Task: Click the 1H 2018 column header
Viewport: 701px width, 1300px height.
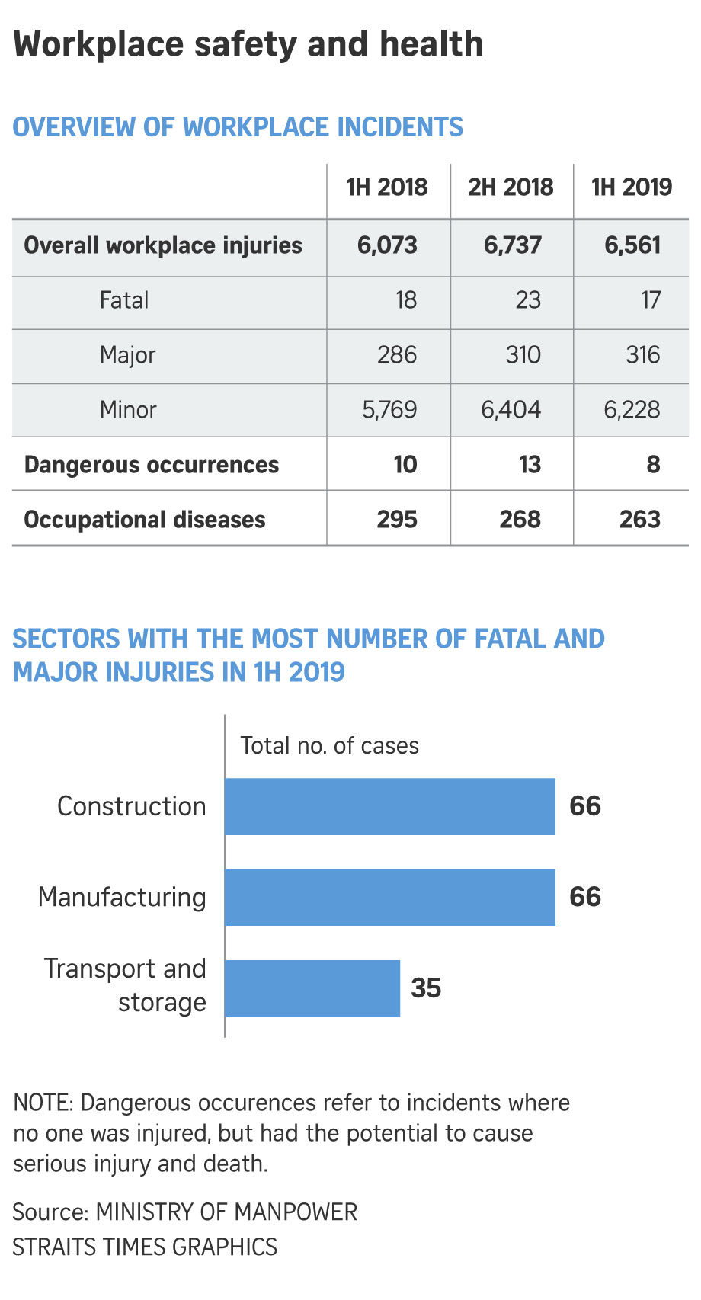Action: (387, 187)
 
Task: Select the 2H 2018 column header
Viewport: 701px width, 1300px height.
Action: (511, 187)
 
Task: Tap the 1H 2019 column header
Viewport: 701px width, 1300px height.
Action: (632, 187)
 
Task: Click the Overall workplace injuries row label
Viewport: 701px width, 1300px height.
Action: (163, 245)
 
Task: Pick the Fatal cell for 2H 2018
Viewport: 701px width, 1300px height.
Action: (528, 300)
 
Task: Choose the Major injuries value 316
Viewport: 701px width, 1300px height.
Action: (642, 355)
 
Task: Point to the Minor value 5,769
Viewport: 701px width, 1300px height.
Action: (389, 410)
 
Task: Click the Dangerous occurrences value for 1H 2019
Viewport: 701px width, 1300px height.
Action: (653, 465)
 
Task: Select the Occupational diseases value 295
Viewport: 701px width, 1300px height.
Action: (397, 520)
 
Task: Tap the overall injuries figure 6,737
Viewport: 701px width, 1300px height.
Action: (513, 245)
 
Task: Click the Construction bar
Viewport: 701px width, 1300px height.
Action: (390, 806)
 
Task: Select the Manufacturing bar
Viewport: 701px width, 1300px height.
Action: (390, 897)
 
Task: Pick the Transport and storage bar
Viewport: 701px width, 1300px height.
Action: (312, 988)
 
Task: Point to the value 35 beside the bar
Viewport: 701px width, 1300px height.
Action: (426, 988)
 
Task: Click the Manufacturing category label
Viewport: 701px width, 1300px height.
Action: (122, 897)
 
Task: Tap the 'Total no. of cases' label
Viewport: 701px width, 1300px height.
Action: (329, 745)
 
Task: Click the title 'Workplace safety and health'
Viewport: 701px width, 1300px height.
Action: (248, 44)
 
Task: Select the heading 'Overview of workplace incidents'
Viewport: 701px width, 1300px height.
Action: (238, 127)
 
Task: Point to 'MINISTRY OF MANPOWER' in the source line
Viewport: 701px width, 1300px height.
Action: (226, 1212)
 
